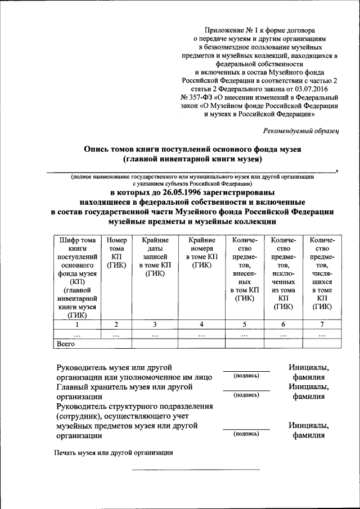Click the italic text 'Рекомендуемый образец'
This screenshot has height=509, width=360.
pos(300,130)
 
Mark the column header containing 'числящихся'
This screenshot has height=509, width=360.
pos(322,273)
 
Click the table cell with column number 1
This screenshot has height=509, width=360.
pos(77,324)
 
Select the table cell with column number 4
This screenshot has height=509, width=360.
pos(201,324)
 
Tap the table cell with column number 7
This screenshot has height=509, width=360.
pos(322,324)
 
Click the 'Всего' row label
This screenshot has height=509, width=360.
pos(66,343)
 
